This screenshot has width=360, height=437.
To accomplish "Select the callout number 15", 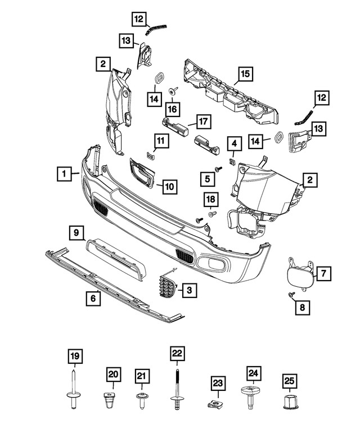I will [x=245, y=73].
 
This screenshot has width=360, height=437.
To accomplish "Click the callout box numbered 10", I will [x=169, y=186].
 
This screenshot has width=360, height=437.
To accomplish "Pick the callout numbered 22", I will [x=177, y=354].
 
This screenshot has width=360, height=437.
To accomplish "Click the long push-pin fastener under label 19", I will [x=74, y=388].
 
